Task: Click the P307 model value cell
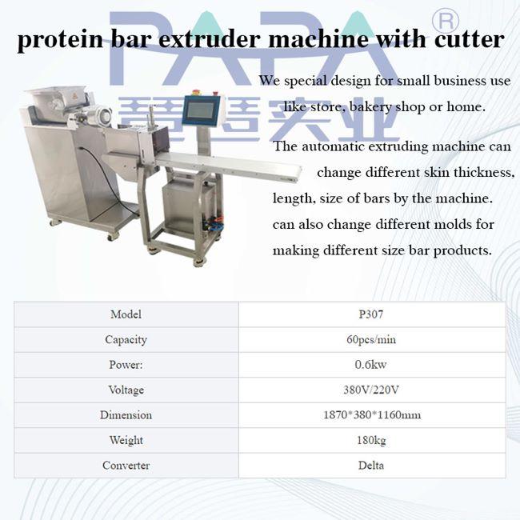[x=371, y=314]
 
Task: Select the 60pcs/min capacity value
[x=371, y=339]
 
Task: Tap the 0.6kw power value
[x=370, y=365]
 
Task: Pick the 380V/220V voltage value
[x=371, y=390]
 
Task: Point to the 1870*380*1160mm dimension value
[x=372, y=415]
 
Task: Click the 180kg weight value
[x=371, y=440]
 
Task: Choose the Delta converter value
[x=371, y=466]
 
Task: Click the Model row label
[x=126, y=314]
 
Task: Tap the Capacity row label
[x=126, y=339]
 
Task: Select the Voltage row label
[x=126, y=390]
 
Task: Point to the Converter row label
[x=126, y=466]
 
